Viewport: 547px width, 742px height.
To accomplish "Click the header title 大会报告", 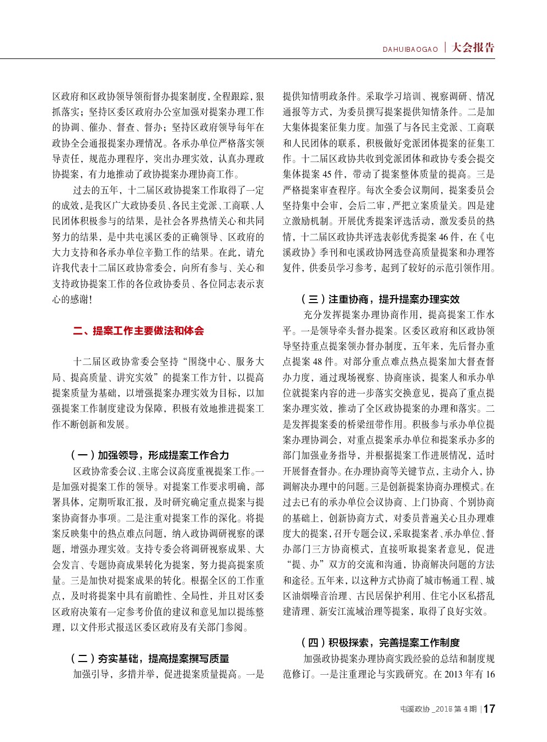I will [x=473, y=47].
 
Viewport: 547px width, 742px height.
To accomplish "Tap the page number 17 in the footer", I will [x=489, y=709].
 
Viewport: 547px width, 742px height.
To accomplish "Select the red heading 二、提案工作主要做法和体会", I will [x=138, y=331].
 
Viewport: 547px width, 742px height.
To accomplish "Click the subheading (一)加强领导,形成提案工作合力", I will [x=149, y=455].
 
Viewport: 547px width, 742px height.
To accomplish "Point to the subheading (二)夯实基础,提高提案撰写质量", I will [x=149, y=659].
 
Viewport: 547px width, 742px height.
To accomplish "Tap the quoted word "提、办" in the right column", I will [x=302, y=565].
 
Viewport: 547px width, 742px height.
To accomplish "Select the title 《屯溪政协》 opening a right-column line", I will [x=297, y=253].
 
